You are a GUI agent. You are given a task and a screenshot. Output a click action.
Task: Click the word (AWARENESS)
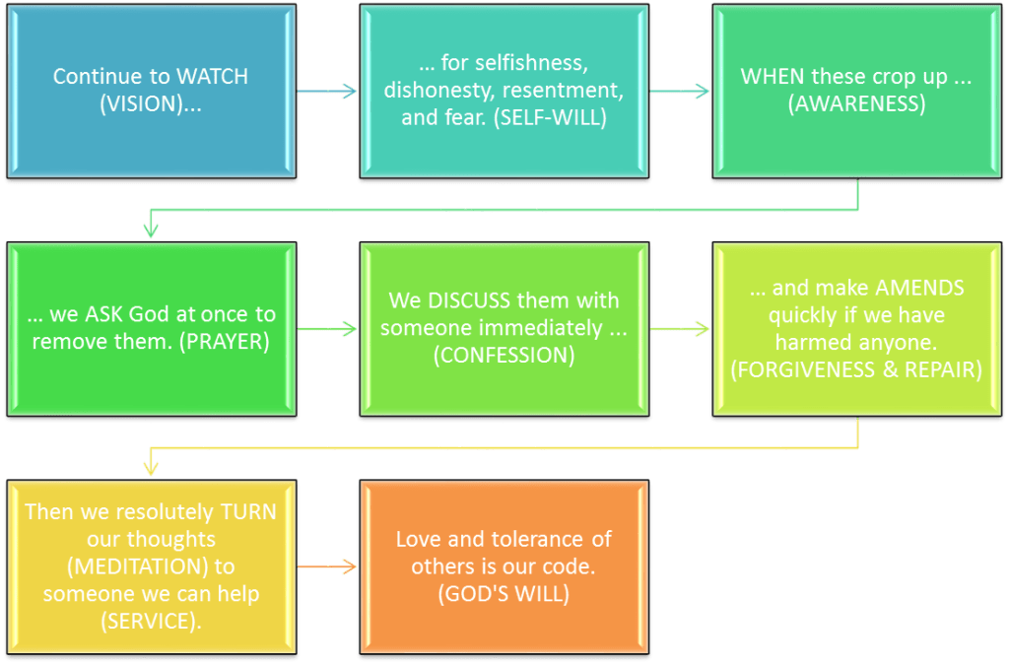pos(856,103)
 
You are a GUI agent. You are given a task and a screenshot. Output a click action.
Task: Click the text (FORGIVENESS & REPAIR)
pos(856,371)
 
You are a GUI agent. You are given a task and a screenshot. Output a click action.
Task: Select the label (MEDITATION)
pos(150,565)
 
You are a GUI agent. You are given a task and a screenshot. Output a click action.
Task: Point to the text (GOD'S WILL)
pos(504,594)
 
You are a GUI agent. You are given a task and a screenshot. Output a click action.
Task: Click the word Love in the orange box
pos(416,539)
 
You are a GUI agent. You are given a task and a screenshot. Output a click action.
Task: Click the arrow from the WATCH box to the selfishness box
pos(328,92)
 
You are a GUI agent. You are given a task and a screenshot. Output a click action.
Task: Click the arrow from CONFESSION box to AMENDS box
pos(681,328)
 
